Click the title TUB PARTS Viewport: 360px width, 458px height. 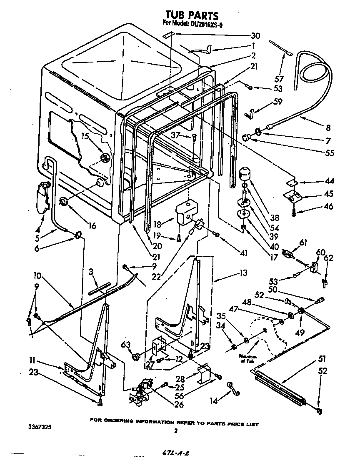point(192,16)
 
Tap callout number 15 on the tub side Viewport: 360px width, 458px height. point(85,136)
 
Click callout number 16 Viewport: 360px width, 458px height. point(92,225)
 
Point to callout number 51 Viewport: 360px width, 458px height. point(322,359)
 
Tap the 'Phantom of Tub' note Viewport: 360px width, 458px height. point(247,358)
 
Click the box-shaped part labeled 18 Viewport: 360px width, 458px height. point(186,213)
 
